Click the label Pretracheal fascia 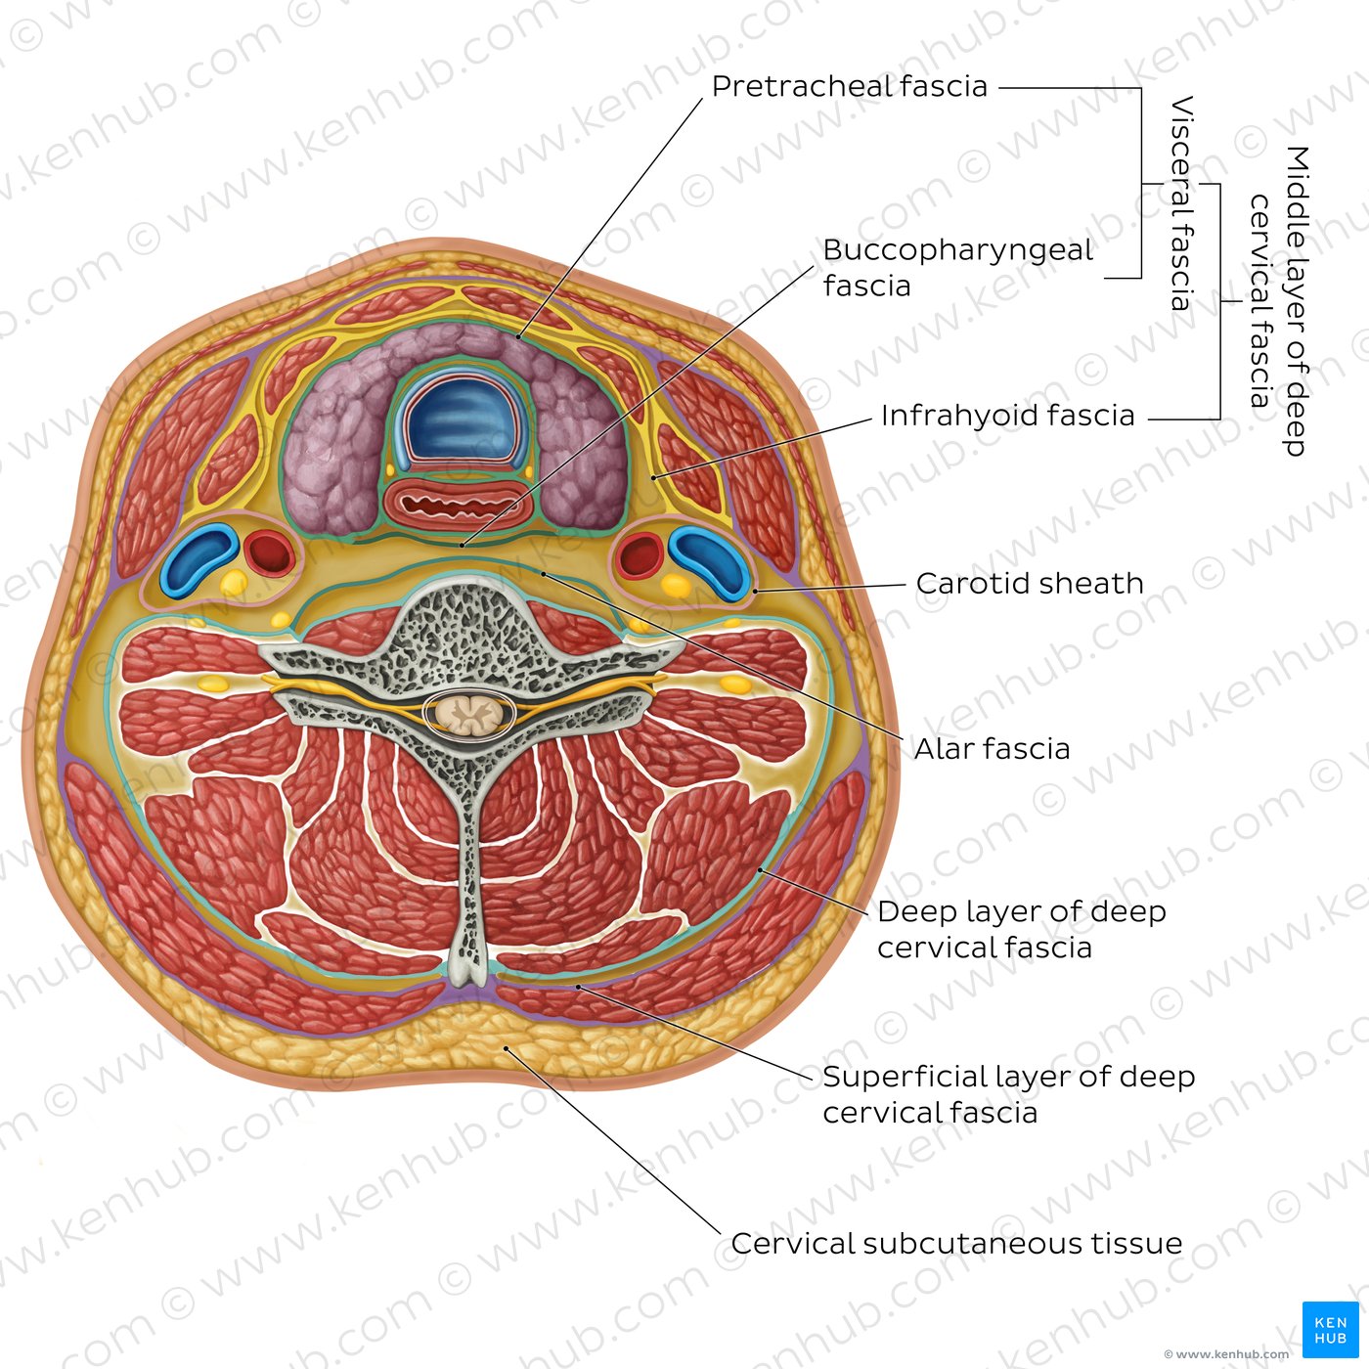coord(849,87)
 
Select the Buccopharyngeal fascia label coord(957,268)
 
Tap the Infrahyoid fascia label coord(1007,416)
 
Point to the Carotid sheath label coord(1030,583)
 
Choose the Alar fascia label coord(992,749)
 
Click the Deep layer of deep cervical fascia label coord(1022,929)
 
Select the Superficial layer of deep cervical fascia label coord(1009,1094)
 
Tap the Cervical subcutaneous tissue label coord(956,1244)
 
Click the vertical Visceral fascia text coord(1181,203)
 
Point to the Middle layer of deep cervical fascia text coord(1279,300)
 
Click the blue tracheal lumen coord(461,423)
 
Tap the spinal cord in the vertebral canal coord(469,714)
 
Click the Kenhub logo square coord(1331,1329)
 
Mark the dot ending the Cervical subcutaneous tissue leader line coord(506,1047)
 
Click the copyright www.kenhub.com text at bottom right coord(1226,1353)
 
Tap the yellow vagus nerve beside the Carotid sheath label coord(676,586)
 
